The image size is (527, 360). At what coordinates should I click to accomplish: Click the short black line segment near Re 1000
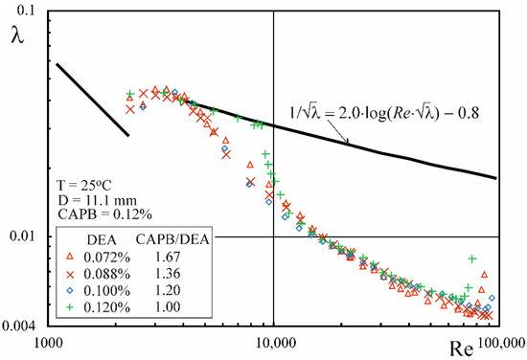tap(93, 100)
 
